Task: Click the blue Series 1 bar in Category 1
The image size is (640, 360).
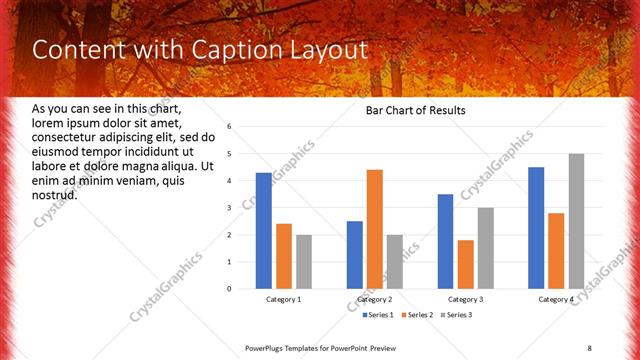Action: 264,231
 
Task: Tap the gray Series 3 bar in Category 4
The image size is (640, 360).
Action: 576,221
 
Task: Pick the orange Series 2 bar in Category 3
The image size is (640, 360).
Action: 466,264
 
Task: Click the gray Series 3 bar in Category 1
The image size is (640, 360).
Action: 304,262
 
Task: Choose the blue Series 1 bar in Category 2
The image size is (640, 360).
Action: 355,255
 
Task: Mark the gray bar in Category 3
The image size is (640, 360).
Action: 486,248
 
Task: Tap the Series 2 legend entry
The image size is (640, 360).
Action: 416,316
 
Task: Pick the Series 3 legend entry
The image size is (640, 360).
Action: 457,316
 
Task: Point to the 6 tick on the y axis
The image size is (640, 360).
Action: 230,127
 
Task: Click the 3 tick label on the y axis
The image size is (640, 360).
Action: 230,208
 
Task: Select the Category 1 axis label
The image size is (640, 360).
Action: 284,299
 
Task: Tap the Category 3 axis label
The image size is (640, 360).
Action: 466,299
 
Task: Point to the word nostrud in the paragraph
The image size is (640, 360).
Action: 55,194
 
